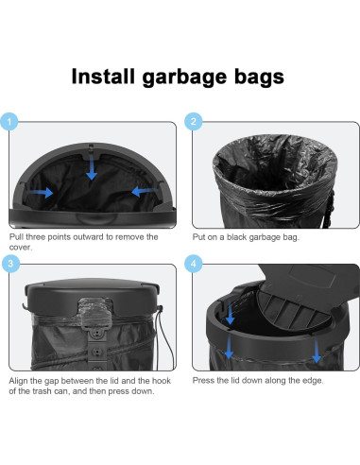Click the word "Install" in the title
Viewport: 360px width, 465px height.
pos(103,77)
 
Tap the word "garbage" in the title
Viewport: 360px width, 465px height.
pos(184,78)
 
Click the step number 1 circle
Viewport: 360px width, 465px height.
pos(9,122)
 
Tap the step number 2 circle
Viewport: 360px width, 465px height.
pos(193,122)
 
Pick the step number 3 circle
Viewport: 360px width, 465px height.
pos(10,264)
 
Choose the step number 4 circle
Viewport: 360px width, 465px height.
pos(193,264)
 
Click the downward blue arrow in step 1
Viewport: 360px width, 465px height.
pos(92,167)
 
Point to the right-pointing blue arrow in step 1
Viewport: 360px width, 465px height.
pos(41,192)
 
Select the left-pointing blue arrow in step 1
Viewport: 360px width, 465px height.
pos(144,191)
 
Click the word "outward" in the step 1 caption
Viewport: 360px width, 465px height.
pos(88,237)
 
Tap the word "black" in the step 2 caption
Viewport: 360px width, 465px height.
pos(237,237)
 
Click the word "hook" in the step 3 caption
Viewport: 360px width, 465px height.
pos(162,381)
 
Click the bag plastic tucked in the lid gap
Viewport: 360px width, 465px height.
pos(95,313)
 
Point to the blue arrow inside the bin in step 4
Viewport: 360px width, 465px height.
pos(230,313)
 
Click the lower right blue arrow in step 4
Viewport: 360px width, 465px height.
pos(316,351)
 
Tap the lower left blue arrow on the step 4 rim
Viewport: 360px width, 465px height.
pos(229,347)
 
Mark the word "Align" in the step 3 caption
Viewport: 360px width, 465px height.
pos(18,381)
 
